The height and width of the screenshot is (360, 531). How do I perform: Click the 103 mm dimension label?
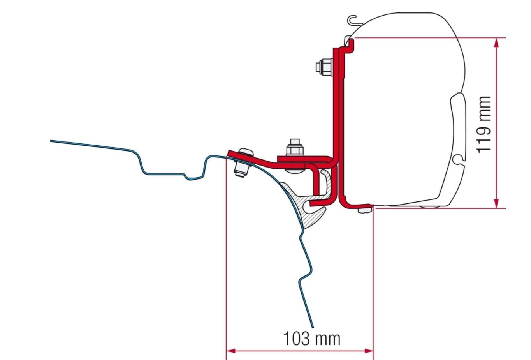(311, 338)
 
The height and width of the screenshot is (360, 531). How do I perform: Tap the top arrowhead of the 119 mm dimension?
(496, 42)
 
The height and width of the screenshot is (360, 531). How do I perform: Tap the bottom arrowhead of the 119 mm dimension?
(496, 204)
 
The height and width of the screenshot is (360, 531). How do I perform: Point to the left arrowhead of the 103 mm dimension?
(231, 351)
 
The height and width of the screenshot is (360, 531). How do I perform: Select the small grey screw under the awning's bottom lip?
(364, 210)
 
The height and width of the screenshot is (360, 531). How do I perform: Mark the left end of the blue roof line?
(52, 141)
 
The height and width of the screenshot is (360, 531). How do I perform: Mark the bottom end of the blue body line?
(313, 326)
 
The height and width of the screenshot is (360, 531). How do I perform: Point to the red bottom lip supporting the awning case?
(358, 204)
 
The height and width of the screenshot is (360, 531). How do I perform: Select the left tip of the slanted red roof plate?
(229, 152)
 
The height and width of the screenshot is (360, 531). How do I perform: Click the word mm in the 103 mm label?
(328, 338)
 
